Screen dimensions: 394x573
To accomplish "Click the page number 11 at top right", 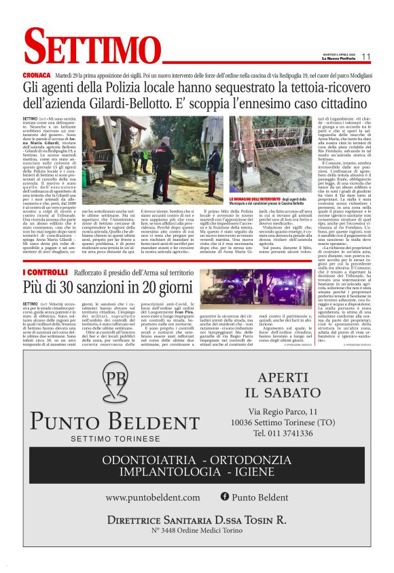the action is pyautogui.click(x=365, y=56).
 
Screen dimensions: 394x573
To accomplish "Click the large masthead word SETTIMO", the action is pyautogui.click(x=85, y=49).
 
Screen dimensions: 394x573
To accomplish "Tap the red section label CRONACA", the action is pyautogui.click(x=36, y=74).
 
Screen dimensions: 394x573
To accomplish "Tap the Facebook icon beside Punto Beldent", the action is pyautogui.click(x=225, y=497).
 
